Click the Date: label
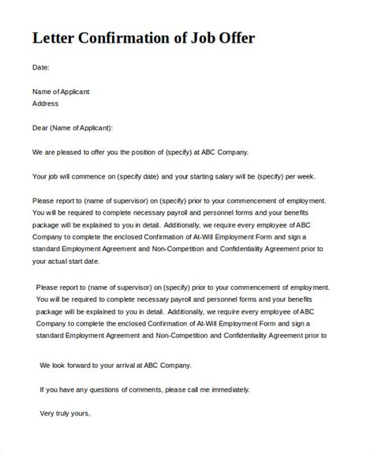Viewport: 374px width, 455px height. [x=41, y=68]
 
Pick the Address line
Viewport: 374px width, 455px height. [x=45, y=103]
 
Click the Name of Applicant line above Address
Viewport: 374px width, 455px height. [x=61, y=92]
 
